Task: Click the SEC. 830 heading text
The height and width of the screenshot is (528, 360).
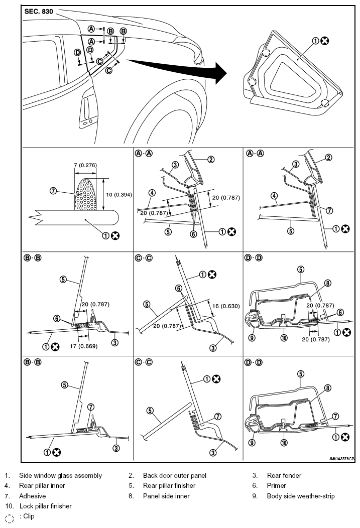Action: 39,12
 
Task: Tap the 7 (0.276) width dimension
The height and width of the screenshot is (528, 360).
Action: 85,165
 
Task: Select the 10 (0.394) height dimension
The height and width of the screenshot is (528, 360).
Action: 119,195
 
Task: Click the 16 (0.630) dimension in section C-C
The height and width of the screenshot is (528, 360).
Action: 226,306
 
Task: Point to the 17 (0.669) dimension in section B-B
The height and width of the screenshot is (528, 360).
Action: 83,346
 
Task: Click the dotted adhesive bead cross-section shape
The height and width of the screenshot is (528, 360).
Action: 85,194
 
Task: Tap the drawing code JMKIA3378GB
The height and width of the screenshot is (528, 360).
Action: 341,459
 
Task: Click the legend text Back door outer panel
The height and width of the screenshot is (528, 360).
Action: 174,475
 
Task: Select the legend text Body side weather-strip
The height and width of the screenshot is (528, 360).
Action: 301,496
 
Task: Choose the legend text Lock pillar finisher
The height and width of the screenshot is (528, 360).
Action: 46,506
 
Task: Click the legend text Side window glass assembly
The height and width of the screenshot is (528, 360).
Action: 60,475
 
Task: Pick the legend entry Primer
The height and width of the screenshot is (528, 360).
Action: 276,485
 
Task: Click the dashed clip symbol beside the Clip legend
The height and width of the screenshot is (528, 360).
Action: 10,518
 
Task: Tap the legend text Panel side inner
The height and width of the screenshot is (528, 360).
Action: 166,496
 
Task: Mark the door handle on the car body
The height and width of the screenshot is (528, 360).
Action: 87,112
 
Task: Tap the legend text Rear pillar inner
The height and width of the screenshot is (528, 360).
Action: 42,485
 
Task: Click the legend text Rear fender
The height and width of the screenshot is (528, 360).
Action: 284,475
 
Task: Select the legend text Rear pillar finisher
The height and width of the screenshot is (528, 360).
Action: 169,485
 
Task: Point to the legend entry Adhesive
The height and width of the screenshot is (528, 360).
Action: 32,496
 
